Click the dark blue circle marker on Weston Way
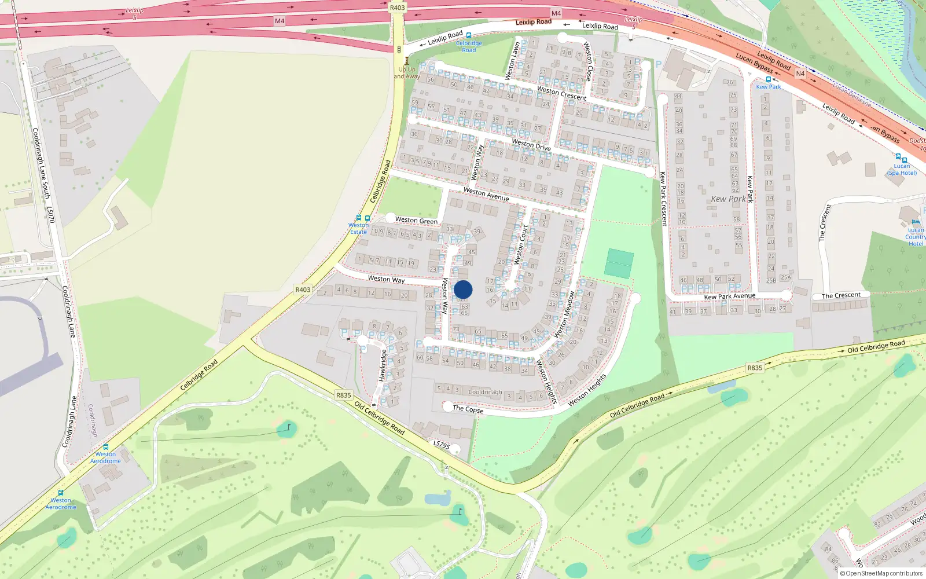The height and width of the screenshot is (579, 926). (463, 289)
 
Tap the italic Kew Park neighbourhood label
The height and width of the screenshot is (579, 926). (728, 199)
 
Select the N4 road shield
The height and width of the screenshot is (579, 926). (800, 74)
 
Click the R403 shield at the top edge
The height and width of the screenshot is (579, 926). (397, 8)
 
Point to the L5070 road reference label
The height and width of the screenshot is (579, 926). (51, 215)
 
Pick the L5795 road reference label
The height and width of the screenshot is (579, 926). (442, 445)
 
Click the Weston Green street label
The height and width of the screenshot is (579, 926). (416, 221)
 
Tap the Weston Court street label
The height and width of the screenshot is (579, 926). (521, 244)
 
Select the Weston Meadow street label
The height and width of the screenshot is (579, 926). (564, 314)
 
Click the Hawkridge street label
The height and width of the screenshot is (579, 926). (383, 365)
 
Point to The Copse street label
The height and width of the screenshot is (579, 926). (468, 409)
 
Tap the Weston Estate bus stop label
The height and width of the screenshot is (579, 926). (358, 228)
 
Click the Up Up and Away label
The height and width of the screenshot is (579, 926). (407, 73)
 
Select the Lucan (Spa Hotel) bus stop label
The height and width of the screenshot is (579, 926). (902, 169)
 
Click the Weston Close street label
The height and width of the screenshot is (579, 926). (588, 61)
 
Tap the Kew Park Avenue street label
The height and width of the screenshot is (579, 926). (729, 296)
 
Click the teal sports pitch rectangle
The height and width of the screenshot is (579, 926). (619, 263)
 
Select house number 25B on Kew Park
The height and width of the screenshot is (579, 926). (771, 281)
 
